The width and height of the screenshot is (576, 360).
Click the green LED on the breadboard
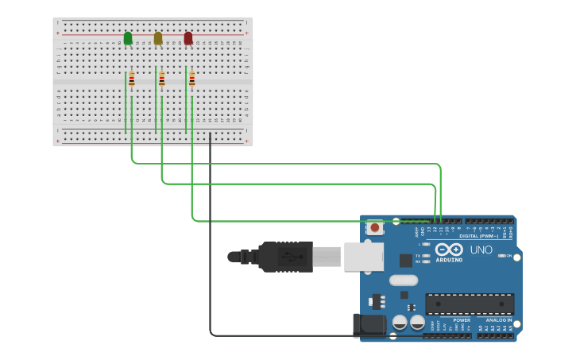coord(128,38)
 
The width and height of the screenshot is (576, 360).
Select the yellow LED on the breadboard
coord(158,38)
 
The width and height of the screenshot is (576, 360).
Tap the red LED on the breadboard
coord(188,38)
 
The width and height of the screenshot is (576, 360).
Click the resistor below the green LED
coord(132,79)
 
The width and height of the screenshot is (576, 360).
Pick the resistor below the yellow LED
coord(162,79)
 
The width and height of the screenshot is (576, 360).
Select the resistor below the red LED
coord(192,79)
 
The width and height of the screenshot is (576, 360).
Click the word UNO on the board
coord(481,250)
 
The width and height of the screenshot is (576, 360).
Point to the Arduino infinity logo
coord(449,250)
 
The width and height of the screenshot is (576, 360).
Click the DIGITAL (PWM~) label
coord(479,235)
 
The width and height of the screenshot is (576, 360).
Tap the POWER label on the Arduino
coord(462,320)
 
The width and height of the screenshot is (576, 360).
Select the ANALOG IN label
coord(499,320)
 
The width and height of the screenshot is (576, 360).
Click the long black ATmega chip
coord(470,304)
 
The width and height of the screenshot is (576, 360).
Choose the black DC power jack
coord(369,325)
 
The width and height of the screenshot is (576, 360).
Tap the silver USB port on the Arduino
coord(364,257)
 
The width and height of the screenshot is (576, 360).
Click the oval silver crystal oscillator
coord(404,280)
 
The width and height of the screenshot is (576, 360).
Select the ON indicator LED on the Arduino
coord(501,255)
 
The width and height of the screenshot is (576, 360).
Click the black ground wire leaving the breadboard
coord(211,238)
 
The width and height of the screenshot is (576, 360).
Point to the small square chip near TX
coord(406,260)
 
